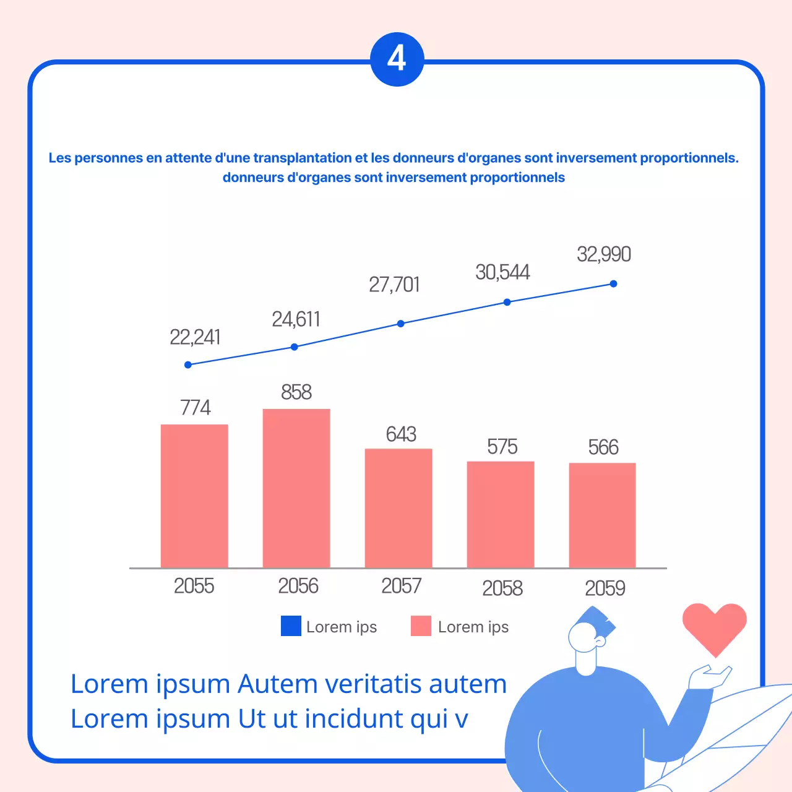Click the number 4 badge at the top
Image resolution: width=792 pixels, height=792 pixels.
point(397,59)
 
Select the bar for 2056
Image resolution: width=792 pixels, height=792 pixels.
point(296,488)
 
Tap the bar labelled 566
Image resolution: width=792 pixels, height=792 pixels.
point(602,515)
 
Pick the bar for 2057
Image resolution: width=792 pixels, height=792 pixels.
point(398,508)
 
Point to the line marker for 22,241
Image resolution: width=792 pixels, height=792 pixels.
point(188,365)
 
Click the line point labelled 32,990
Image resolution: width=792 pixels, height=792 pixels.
point(613,284)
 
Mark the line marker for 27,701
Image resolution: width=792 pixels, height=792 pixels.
point(401,324)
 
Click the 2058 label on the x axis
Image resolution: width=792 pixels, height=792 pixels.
point(502,588)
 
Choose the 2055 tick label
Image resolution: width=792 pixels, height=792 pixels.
point(194,586)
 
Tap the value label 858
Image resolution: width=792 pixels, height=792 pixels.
point(296,392)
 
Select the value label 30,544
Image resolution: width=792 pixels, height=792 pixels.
point(502,272)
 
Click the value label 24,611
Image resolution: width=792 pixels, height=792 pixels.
point(296,319)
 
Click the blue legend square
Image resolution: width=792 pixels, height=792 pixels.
point(291,626)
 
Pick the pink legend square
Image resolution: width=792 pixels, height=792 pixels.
point(421,626)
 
